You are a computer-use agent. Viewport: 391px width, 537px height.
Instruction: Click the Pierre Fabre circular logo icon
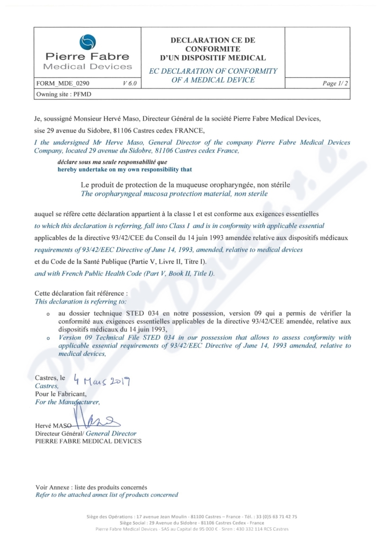[x=87, y=42]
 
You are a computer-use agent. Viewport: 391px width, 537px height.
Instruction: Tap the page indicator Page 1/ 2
[x=335, y=83]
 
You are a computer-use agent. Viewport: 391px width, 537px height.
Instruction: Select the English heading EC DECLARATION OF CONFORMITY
[x=213, y=71]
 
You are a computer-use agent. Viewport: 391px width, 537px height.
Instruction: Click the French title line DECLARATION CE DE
[x=213, y=41]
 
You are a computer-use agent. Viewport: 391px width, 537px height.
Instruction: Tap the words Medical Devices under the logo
[x=87, y=66]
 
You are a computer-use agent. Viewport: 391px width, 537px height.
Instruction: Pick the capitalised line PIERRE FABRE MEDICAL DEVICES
[x=88, y=441]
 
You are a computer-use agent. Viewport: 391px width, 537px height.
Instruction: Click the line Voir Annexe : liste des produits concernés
[x=91, y=487]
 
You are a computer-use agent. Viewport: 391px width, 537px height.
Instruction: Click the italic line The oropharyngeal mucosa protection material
[x=174, y=194]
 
